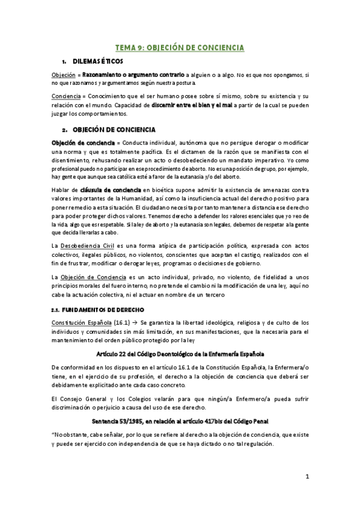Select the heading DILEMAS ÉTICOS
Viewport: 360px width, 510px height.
[97, 61]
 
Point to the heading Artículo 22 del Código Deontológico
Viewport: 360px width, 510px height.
[180, 352]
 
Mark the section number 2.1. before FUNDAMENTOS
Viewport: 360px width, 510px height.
[57, 309]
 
